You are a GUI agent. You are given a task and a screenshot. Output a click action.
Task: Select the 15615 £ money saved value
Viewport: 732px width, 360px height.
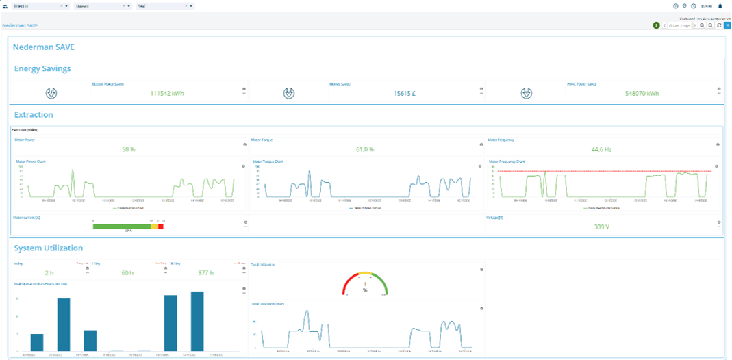tap(405, 94)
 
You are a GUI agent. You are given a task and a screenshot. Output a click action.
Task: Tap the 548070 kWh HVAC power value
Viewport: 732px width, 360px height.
tap(642, 94)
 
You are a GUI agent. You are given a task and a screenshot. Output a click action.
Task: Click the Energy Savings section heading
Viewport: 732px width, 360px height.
tap(42, 68)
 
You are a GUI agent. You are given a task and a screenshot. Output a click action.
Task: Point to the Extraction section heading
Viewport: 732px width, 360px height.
tap(34, 114)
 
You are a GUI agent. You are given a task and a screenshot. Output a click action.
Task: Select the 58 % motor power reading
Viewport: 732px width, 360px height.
tap(128, 149)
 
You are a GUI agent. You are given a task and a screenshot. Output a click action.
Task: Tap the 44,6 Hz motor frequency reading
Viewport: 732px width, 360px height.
tap(601, 149)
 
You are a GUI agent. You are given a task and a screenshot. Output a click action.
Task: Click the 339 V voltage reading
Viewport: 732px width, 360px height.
tap(602, 227)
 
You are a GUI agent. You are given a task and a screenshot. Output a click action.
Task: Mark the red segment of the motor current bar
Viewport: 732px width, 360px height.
tap(161, 227)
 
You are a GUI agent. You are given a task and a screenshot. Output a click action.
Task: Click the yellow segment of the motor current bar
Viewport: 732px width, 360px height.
tap(154, 227)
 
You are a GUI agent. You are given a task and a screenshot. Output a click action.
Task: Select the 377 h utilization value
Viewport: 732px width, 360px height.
tap(206, 273)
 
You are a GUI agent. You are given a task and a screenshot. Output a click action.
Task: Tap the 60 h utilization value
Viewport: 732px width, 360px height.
tap(127, 273)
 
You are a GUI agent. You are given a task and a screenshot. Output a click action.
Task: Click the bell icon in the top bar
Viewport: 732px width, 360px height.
tap(720, 6)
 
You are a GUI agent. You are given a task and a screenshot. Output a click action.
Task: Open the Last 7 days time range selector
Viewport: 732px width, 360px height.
tap(679, 25)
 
